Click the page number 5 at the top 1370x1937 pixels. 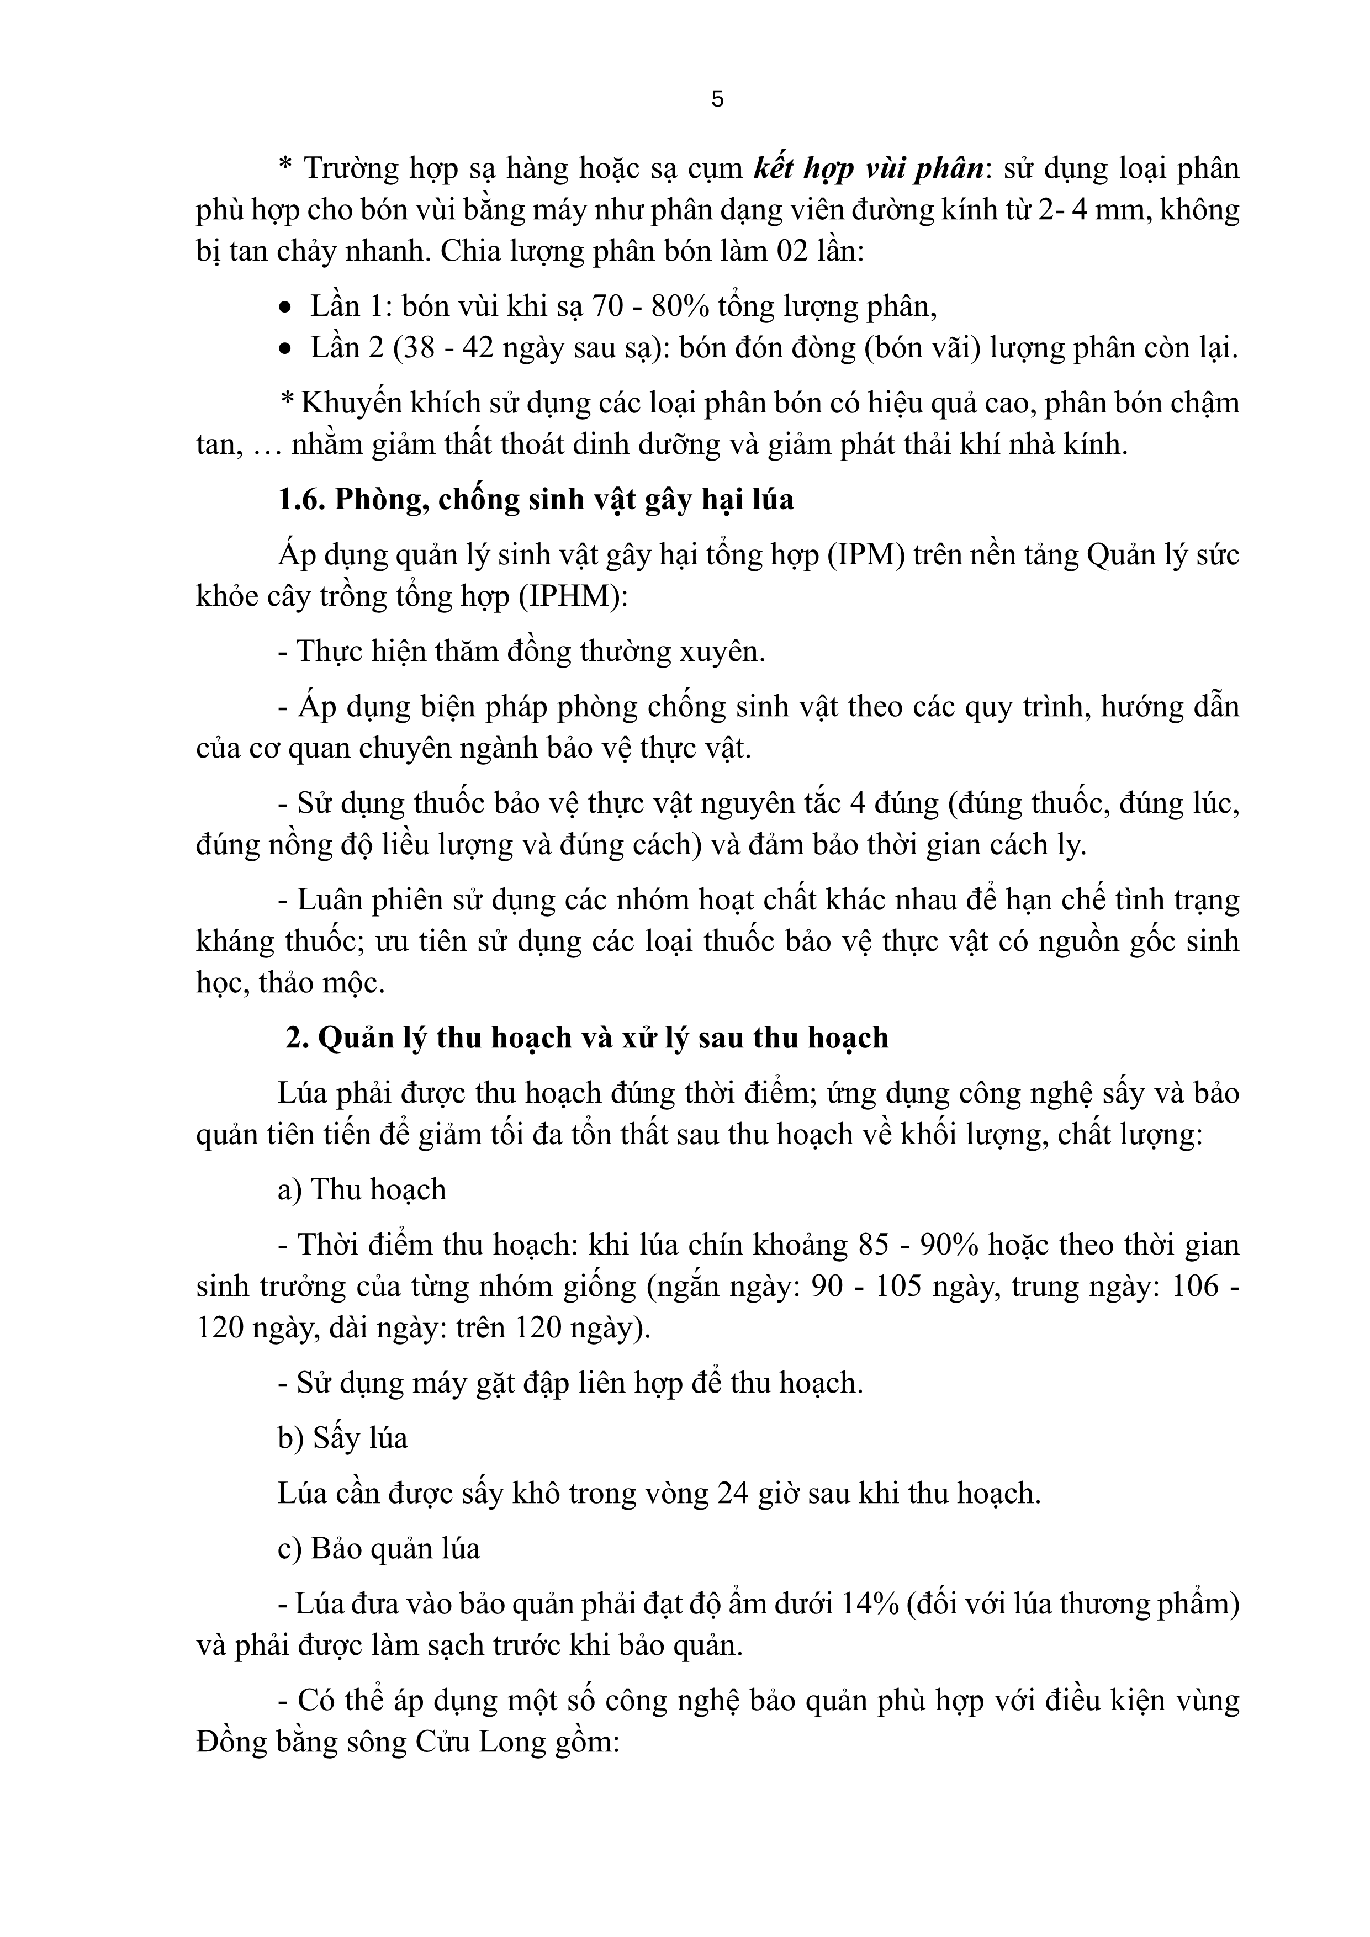pyautogui.click(x=717, y=99)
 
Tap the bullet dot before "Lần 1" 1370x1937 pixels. pyautogui.click(x=287, y=307)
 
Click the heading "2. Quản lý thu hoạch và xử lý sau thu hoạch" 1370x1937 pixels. pyautogui.click(x=587, y=1038)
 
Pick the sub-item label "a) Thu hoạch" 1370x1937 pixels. pyautogui.click(x=362, y=1189)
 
